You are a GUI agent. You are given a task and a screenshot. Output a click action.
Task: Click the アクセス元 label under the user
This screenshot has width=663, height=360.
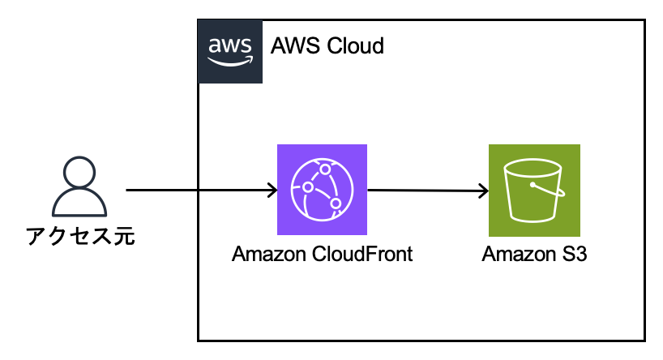(79, 236)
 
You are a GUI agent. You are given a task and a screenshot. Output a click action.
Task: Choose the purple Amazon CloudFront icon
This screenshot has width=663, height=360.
(322, 190)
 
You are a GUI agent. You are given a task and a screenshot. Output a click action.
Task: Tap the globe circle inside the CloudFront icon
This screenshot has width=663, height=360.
(322, 190)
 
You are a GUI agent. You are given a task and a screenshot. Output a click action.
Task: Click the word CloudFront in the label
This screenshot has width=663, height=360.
(366, 254)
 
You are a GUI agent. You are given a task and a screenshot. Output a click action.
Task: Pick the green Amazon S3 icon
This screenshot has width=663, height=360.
(534, 190)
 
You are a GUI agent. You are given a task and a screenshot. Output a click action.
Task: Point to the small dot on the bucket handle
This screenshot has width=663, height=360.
(533, 184)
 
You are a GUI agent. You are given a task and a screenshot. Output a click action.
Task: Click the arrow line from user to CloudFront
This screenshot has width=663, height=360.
(195, 191)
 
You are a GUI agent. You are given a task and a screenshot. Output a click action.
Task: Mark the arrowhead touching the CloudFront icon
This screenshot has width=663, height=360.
(272, 191)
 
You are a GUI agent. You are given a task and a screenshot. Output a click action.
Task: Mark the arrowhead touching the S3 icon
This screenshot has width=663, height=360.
(483, 192)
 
